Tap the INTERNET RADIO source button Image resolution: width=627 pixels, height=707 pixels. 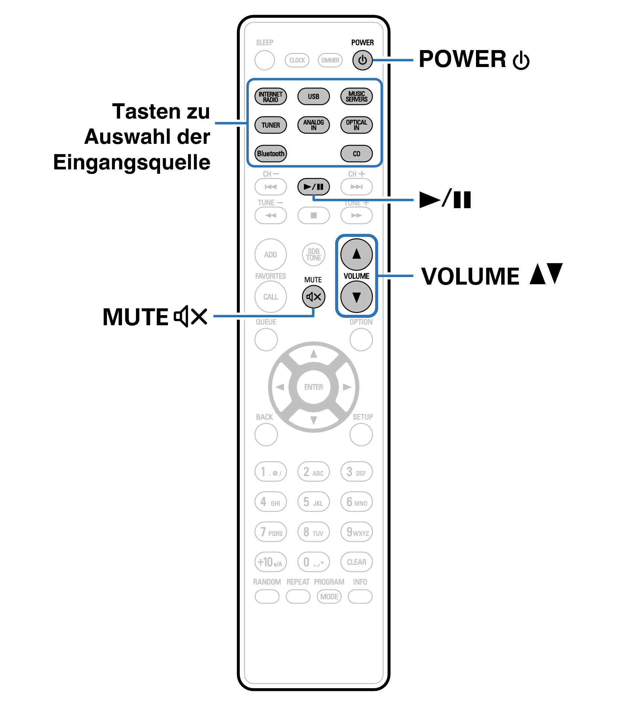270,96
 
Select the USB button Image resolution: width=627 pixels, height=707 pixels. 313,96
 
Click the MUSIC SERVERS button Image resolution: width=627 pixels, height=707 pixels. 356,96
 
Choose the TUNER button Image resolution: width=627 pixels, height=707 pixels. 270,125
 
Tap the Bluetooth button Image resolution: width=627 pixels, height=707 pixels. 270,154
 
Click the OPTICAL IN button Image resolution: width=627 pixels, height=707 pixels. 356,125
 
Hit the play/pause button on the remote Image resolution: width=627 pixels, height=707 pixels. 313,187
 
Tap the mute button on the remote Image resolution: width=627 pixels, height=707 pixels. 313,297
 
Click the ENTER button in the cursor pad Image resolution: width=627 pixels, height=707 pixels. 313,387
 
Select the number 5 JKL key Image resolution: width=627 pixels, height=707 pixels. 313,502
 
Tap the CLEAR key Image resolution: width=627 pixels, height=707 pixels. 356,562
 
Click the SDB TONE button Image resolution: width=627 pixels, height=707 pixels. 313,254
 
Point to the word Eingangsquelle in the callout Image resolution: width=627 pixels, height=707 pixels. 132,163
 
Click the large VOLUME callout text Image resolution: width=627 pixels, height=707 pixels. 470,277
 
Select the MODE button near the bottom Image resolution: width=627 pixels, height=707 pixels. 329,597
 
